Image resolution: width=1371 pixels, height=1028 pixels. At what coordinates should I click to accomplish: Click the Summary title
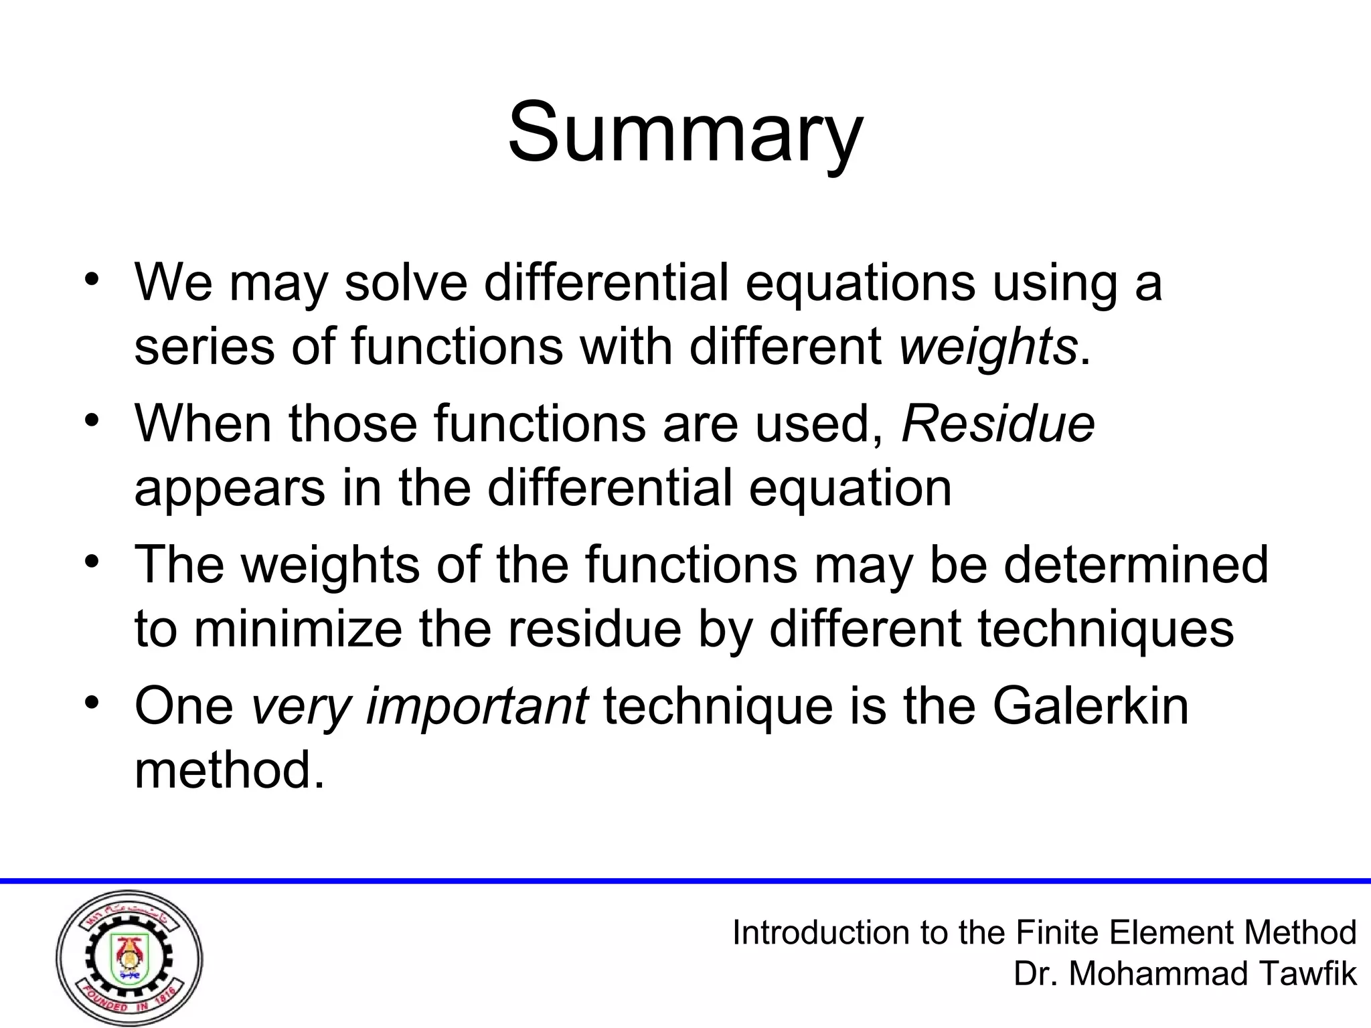[x=685, y=131]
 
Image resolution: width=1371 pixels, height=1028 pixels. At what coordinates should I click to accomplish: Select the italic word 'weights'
[x=987, y=347]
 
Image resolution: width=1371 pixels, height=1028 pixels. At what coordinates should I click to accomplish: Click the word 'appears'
[x=230, y=489]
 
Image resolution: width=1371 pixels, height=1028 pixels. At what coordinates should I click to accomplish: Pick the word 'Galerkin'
[x=1091, y=705]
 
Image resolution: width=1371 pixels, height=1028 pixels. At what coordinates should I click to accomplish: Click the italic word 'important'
[x=477, y=707]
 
